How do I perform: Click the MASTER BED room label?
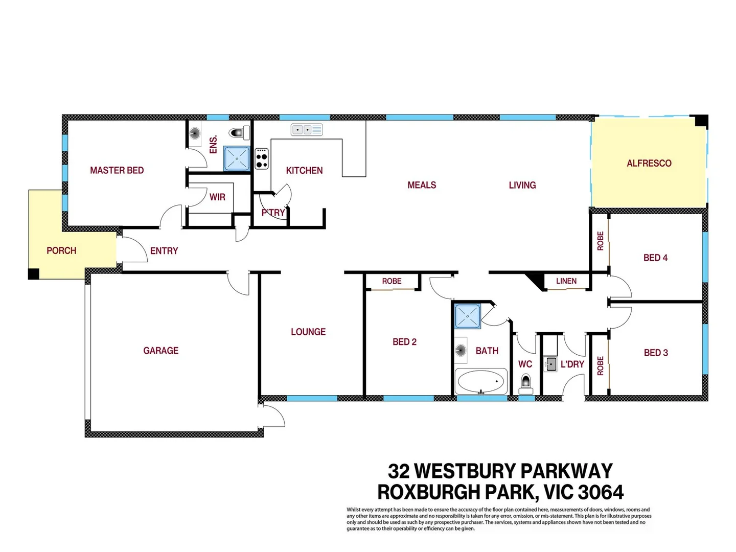(x=117, y=170)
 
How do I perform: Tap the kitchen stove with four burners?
(x=262, y=158)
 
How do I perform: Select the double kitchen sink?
(x=307, y=130)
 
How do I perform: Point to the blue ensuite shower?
(x=237, y=158)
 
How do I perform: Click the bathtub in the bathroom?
(x=481, y=381)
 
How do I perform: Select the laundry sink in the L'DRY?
(x=551, y=364)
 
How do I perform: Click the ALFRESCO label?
(x=649, y=163)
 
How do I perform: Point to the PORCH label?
(x=61, y=250)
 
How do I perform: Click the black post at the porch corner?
(x=33, y=274)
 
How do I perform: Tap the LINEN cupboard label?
(x=566, y=281)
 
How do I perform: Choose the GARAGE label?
(x=160, y=351)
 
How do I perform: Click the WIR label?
(x=217, y=197)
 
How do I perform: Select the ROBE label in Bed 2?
(x=392, y=281)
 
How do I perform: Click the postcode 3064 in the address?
(x=601, y=492)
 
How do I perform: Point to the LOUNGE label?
(x=308, y=332)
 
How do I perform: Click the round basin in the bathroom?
(x=461, y=350)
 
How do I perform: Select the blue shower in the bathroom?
(x=467, y=316)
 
